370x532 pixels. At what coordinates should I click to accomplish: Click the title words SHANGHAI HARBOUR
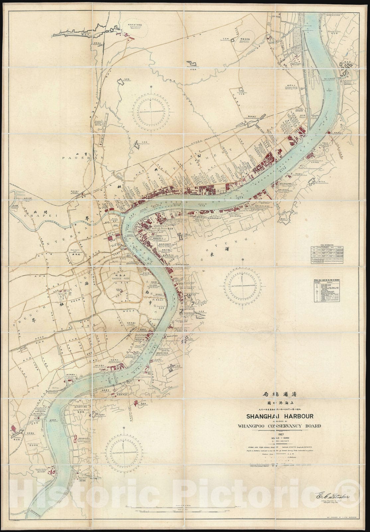[279, 416]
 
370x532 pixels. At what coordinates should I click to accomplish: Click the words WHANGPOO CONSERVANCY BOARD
[279, 426]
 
